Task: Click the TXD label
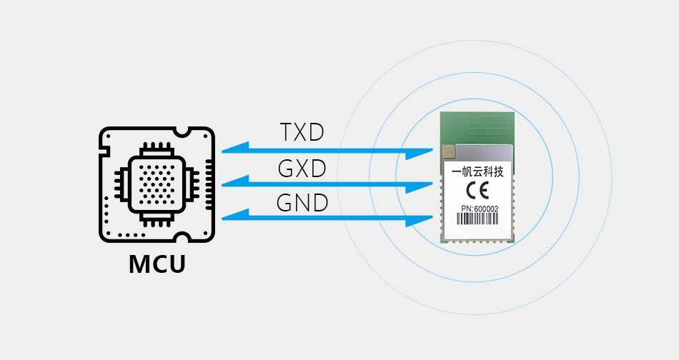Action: [301, 132]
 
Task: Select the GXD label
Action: [301, 169]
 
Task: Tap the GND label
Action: [302, 203]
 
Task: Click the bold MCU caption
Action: [157, 264]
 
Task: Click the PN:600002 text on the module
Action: [477, 209]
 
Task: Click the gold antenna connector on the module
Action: [448, 151]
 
